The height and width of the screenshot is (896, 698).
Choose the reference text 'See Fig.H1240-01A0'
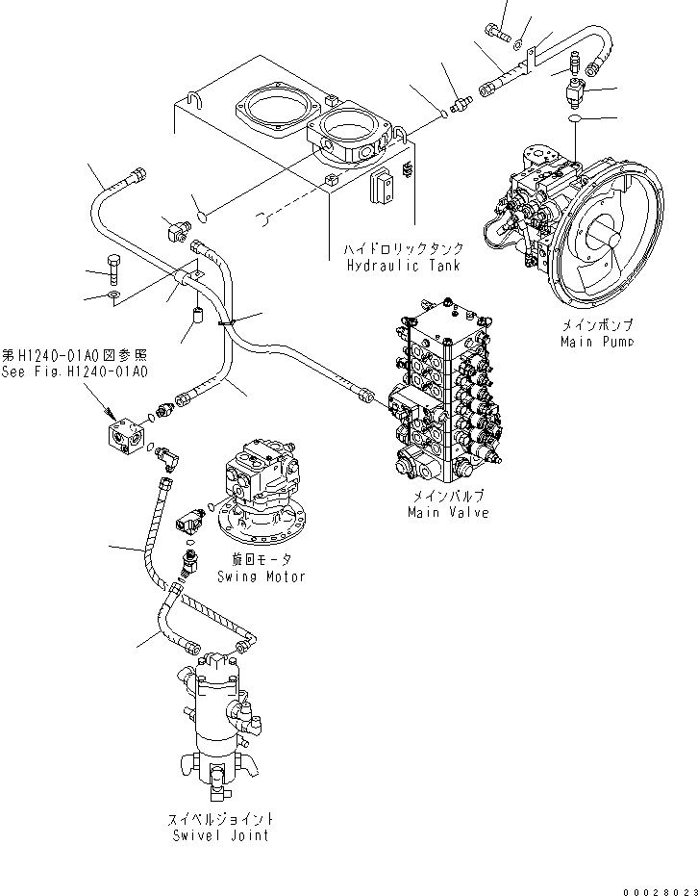coord(75,372)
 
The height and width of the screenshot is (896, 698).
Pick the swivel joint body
coord(220,717)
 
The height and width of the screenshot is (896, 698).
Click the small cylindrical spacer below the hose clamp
coord(197,315)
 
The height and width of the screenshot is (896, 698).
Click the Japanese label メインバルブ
coord(447,497)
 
